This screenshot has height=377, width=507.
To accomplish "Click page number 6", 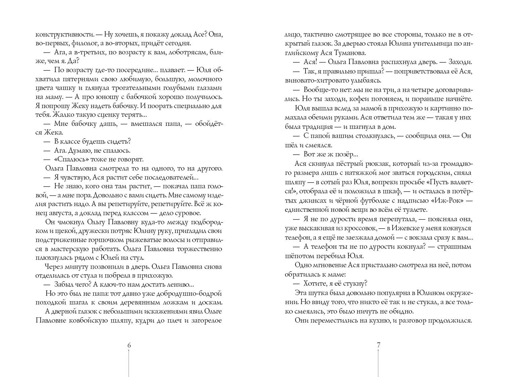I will tap(128, 345).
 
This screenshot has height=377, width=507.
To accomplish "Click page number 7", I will tap(378, 345).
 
